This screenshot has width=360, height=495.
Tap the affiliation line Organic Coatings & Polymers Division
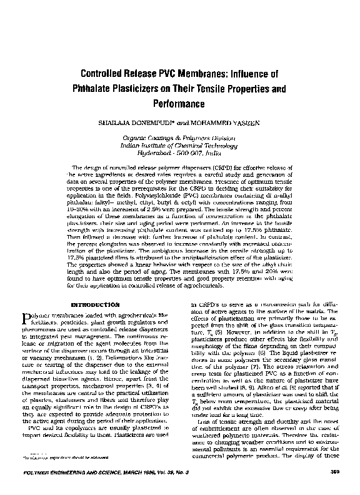click(179, 137)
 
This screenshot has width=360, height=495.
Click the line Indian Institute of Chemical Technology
click(179, 144)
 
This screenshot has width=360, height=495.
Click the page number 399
click(334, 479)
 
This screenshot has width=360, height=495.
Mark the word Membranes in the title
click(202, 73)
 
